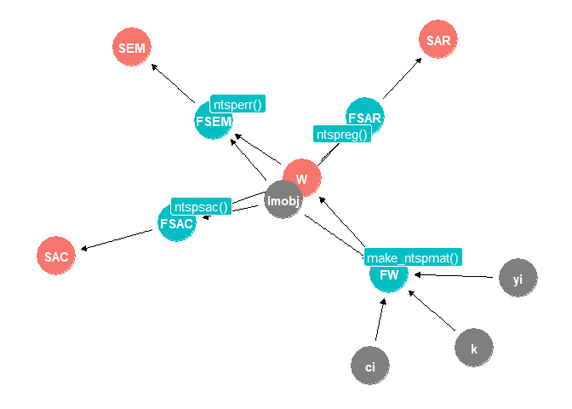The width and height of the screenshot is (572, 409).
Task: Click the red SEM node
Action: click(131, 48)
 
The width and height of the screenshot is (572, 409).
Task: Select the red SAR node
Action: click(439, 39)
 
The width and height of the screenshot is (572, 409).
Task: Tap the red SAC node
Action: click(56, 256)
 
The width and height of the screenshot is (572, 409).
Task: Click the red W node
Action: click(301, 179)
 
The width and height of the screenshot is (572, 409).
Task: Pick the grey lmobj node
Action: click(283, 200)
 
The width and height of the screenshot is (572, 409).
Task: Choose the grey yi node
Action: click(518, 278)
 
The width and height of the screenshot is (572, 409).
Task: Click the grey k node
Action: click(474, 348)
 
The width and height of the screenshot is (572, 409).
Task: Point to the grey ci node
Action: click(370, 366)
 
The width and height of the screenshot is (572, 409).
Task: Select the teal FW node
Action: click(389, 274)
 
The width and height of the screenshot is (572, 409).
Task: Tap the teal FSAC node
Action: click(177, 223)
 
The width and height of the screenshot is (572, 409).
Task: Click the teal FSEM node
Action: click(213, 121)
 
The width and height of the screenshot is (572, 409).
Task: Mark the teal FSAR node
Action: click(365, 117)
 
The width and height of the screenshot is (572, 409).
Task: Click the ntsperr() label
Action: click(238, 104)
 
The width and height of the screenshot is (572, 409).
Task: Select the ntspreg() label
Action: click(342, 134)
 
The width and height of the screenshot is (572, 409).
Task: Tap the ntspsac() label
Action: click(201, 206)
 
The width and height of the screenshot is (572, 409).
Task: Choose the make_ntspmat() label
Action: click(413, 258)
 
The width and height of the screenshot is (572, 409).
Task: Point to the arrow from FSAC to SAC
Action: click(119, 239)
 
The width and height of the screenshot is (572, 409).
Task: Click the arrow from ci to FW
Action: click(378, 320)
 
